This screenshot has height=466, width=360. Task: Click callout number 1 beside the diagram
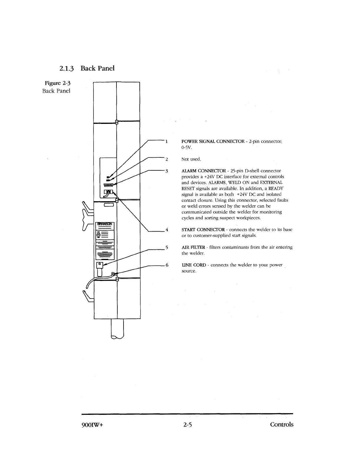[x=166, y=142]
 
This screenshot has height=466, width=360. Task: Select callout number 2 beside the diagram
[x=166, y=159]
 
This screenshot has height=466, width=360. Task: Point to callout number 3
[x=166, y=171]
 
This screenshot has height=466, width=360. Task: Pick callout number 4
[x=166, y=230]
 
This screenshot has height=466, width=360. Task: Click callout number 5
[x=166, y=247]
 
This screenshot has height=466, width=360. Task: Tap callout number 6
[x=166, y=265]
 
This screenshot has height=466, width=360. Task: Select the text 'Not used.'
[x=191, y=159]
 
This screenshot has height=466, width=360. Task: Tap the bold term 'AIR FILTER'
[x=193, y=247]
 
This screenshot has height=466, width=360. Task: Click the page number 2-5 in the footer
[x=187, y=425]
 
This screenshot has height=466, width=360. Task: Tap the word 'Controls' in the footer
[x=282, y=425]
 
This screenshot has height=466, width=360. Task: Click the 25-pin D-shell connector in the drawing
[x=109, y=185]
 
